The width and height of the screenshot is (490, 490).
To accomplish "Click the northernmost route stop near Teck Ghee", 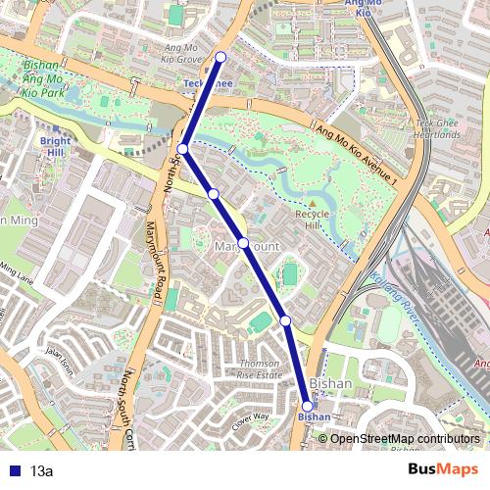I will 221,57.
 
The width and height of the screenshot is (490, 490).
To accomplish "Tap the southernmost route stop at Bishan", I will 308,406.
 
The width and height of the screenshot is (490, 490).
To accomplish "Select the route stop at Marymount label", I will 243,242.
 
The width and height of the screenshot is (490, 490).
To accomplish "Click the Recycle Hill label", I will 313,220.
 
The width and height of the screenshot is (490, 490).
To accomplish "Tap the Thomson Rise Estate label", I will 261,369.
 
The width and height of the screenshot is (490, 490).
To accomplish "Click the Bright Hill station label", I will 56,147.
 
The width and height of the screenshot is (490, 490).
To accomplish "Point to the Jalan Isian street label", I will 60,366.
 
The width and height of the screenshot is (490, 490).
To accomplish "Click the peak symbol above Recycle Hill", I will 313,202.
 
